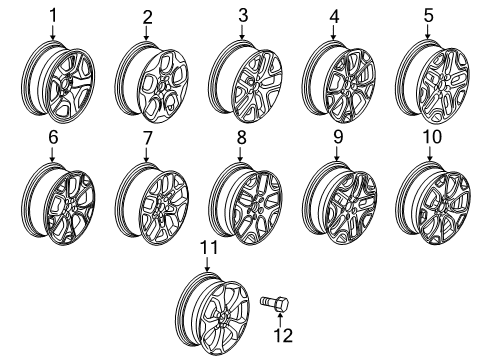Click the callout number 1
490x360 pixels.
pos(53,14)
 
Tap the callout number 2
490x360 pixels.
pos(147,16)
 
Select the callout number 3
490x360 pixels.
pos(242,14)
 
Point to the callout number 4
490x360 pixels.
pos(335,16)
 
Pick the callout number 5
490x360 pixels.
pos(429,14)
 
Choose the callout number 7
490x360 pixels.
pos(147,136)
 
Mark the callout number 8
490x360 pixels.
pos(242,136)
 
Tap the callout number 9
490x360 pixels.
pos(337,136)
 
